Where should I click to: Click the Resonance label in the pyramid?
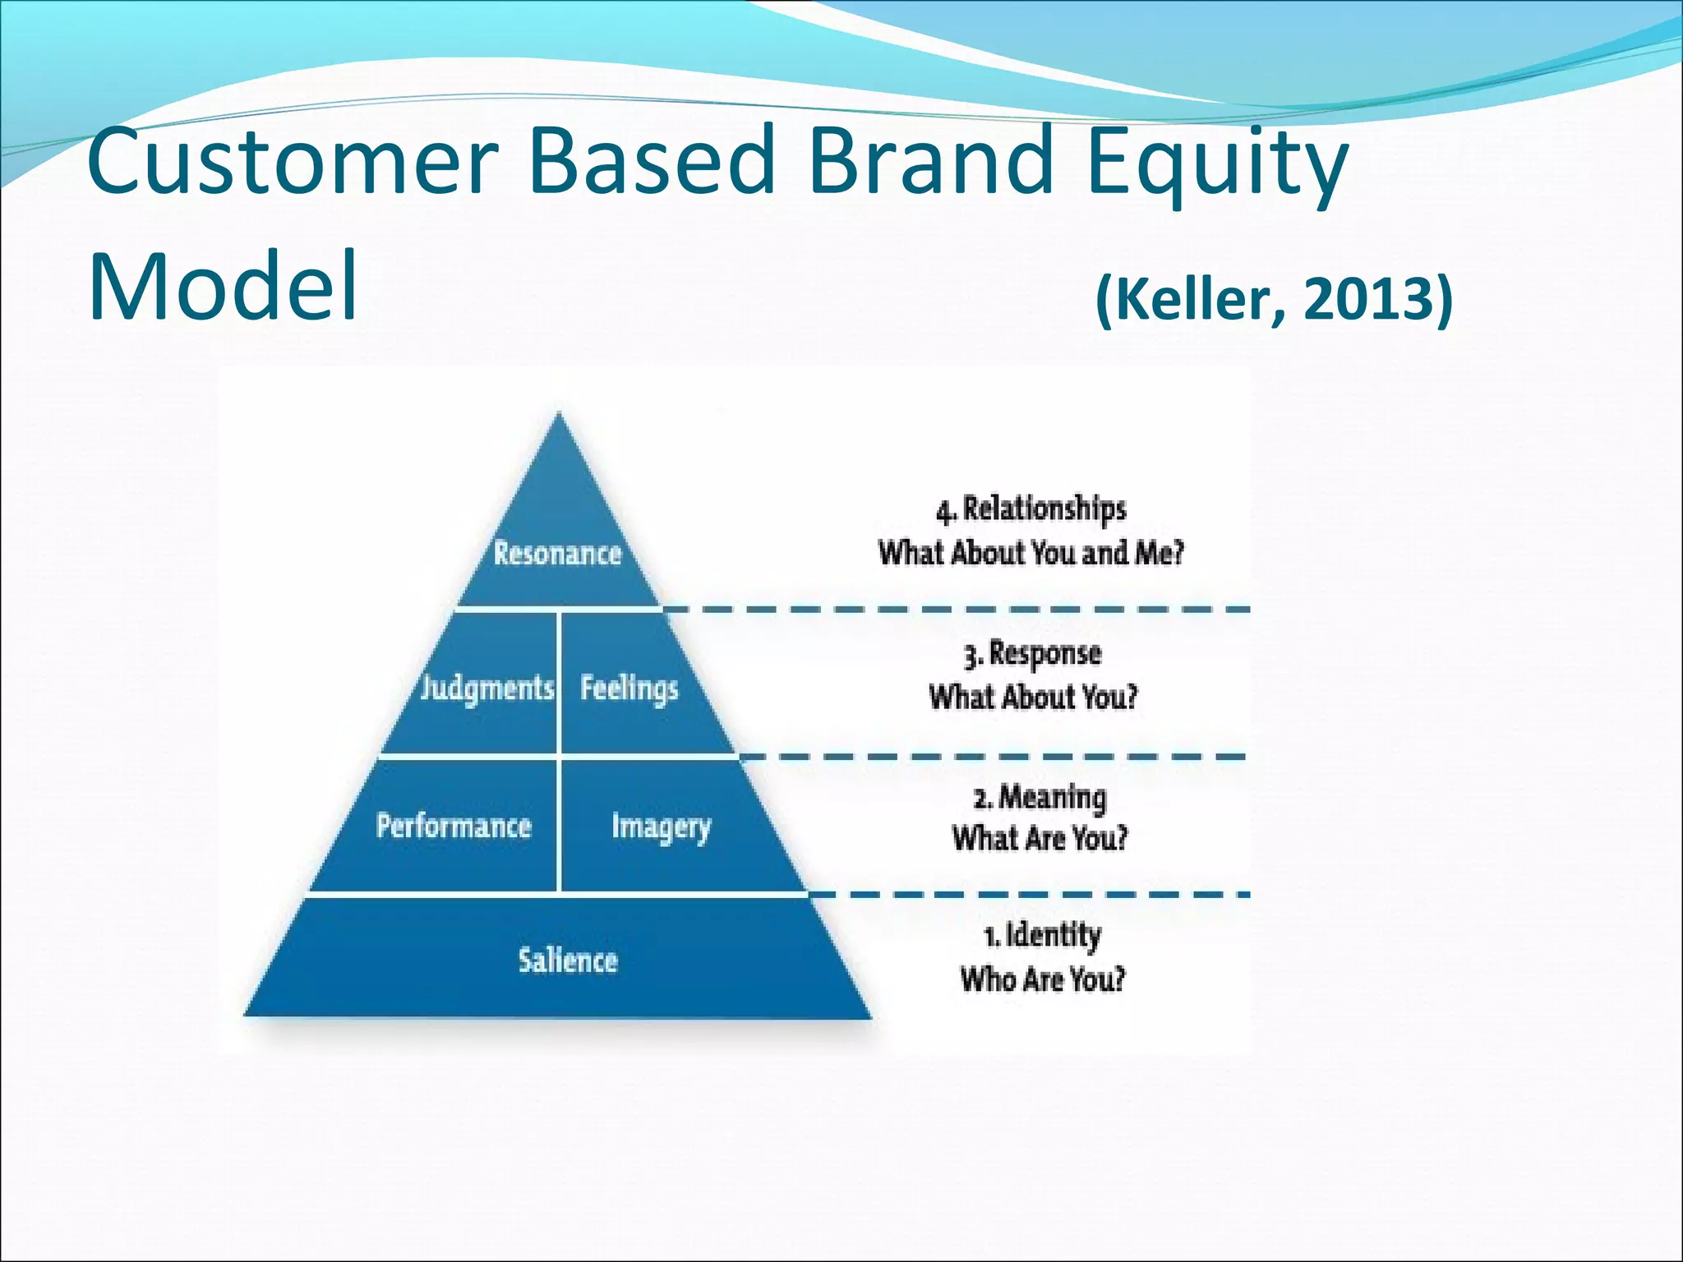(x=557, y=553)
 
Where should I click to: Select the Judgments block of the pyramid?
(x=486, y=688)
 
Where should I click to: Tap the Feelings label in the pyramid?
(x=629, y=688)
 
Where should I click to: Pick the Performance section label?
(x=454, y=826)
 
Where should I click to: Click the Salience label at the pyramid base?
(x=567, y=960)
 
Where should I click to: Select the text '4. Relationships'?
(x=1031, y=509)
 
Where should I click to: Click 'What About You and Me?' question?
(x=1031, y=553)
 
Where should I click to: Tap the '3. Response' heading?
(x=1033, y=654)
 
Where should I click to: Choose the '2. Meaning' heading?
(x=1040, y=797)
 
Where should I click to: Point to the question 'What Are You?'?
(x=1040, y=839)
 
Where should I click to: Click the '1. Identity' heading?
(x=1042, y=935)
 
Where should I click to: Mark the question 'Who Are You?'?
(x=1042, y=979)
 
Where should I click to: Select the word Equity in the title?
(x=1216, y=162)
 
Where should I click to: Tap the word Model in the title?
(x=223, y=286)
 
